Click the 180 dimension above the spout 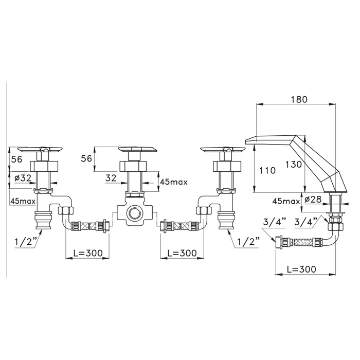coord(299,99)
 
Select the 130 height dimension coord(294,165)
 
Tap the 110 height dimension coord(267,171)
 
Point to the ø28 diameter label coord(313,200)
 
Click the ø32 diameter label coord(23,178)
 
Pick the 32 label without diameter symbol coord(111,178)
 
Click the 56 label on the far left coord(17,159)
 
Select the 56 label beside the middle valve coord(86,158)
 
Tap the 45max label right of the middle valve coord(174,182)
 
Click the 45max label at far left coord(23,202)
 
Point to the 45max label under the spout coord(286,202)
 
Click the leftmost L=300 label coord(88,253)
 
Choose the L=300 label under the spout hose coord(301,269)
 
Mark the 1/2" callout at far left coord(26,242)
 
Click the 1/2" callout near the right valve coord(248,242)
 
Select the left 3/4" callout coord(275,222)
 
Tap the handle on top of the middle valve coord(137,150)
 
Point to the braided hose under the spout coord(301,242)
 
